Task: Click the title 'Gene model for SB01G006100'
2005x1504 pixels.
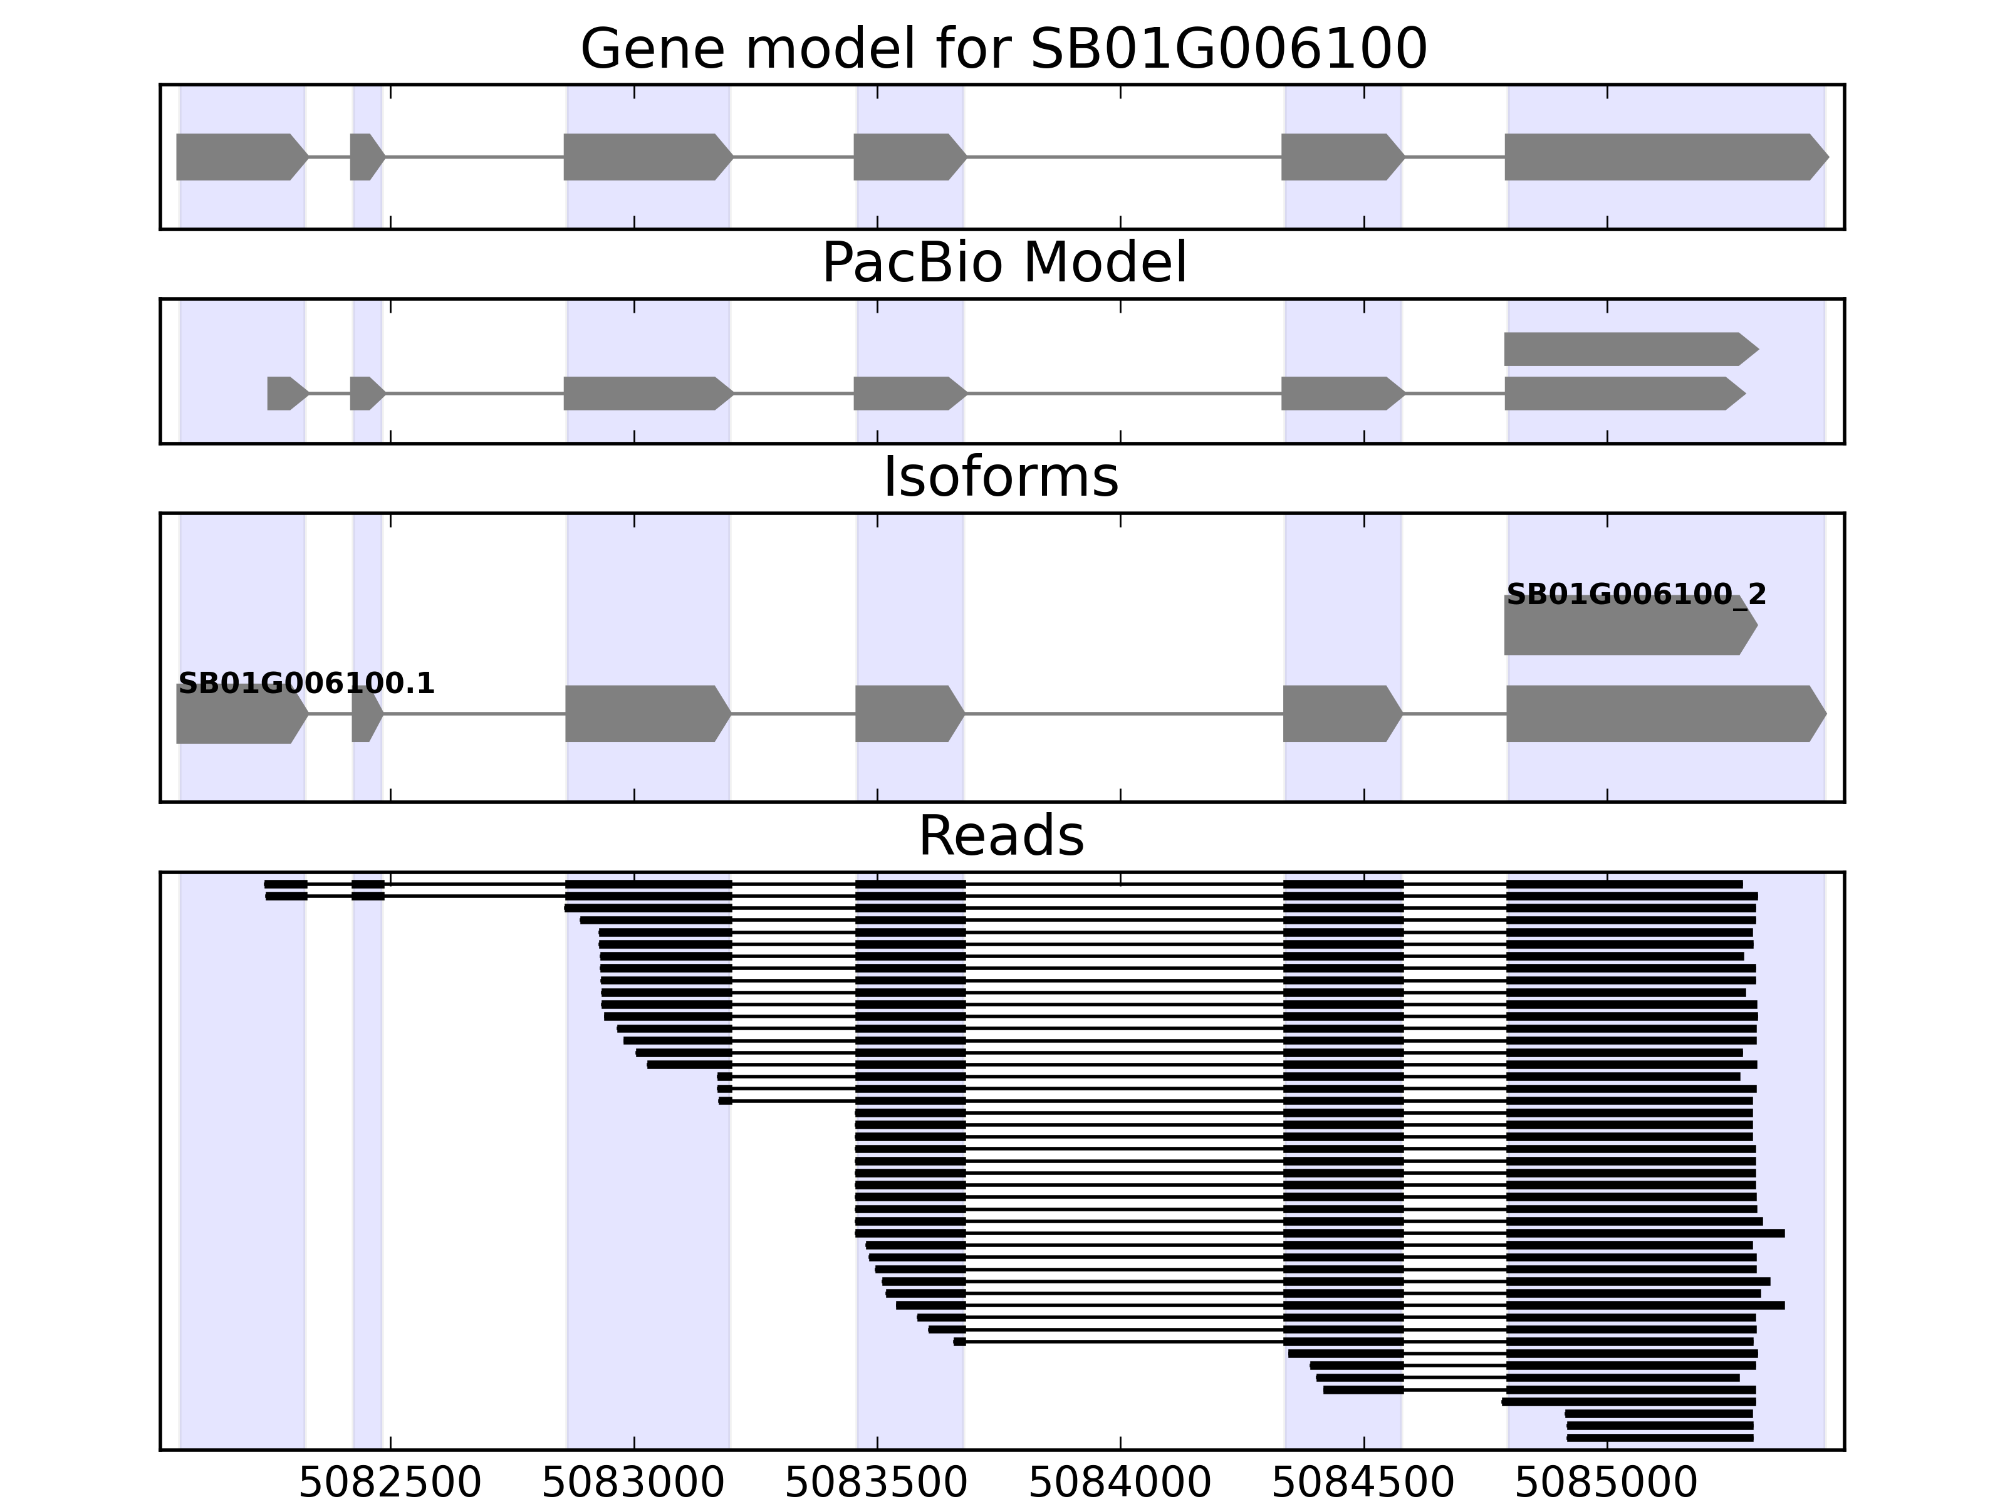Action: coord(1003,49)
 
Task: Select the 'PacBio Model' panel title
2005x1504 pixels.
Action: coord(1003,263)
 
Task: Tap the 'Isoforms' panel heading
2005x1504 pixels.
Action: coord(1001,478)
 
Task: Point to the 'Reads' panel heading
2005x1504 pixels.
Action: coord(1001,836)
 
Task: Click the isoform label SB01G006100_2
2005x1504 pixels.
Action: coord(1636,595)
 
